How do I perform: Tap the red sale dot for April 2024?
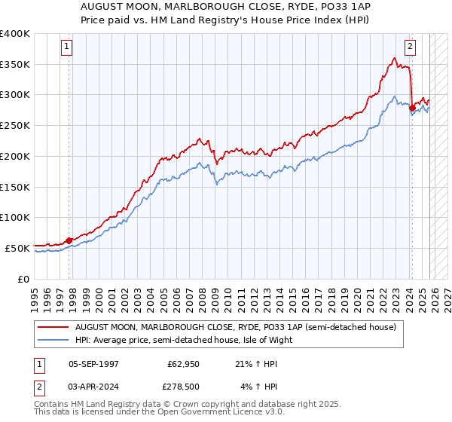412,108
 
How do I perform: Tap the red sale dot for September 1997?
69,240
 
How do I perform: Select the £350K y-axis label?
15,65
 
